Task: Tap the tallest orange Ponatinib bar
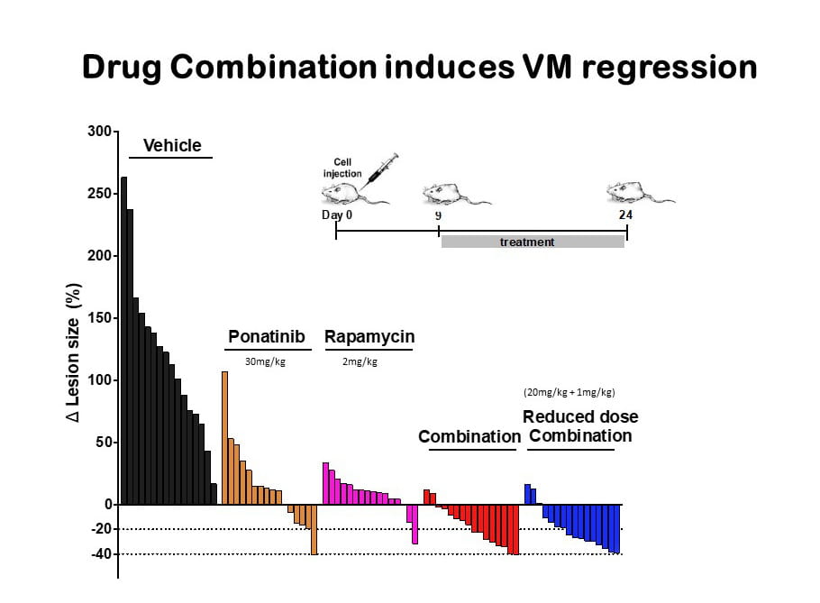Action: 225,437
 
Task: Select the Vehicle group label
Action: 171,146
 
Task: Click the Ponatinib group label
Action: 268,337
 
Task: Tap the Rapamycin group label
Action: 369,337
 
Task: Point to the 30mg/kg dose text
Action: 265,361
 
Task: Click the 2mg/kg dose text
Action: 360,361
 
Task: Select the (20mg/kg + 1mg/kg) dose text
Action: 569,392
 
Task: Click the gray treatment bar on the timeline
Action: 532,242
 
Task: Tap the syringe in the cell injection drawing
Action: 380,169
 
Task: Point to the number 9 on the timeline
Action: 438,215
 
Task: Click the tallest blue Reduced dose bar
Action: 527,494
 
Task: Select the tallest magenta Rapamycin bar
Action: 325,483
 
